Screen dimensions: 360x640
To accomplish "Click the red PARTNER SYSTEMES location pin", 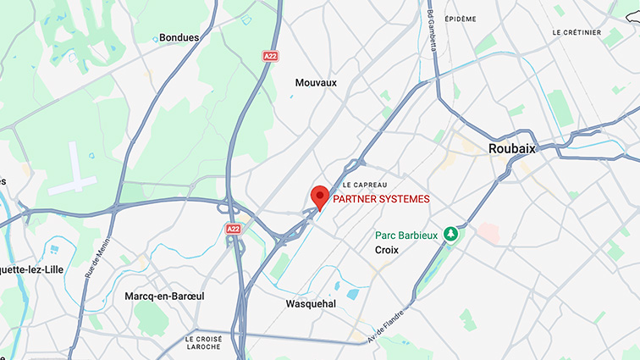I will tap(320, 196).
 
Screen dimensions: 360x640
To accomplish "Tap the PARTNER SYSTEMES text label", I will tap(381, 199).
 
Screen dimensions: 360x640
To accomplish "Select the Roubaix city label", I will tap(512, 148).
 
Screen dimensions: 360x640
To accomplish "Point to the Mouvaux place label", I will tap(316, 83).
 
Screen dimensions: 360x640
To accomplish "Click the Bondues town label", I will tap(179, 37).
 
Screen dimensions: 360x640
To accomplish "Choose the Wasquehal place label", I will tap(311, 303).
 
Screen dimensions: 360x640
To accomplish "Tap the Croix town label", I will tap(387, 251).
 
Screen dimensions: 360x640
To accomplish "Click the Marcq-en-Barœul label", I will tap(164, 296).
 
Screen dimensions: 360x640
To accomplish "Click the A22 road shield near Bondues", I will tap(270, 56).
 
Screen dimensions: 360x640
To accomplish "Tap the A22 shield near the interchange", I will tap(234, 229).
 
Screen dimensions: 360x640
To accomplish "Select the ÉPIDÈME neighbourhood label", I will tap(461, 19).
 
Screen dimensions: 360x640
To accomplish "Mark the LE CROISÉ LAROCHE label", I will tap(202, 342).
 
